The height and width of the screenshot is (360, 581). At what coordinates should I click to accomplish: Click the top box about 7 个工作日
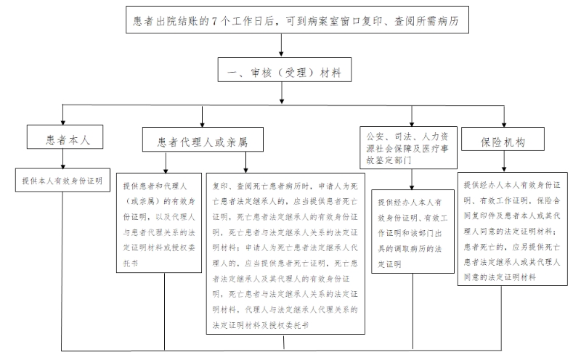click(296, 22)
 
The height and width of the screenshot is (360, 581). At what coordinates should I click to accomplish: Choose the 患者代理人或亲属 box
click(203, 142)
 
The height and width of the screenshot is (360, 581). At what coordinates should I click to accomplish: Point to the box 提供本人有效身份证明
click(62, 179)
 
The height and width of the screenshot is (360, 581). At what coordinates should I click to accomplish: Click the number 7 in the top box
click(214, 22)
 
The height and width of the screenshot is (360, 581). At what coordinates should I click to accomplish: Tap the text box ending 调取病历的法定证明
click(412, 231)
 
